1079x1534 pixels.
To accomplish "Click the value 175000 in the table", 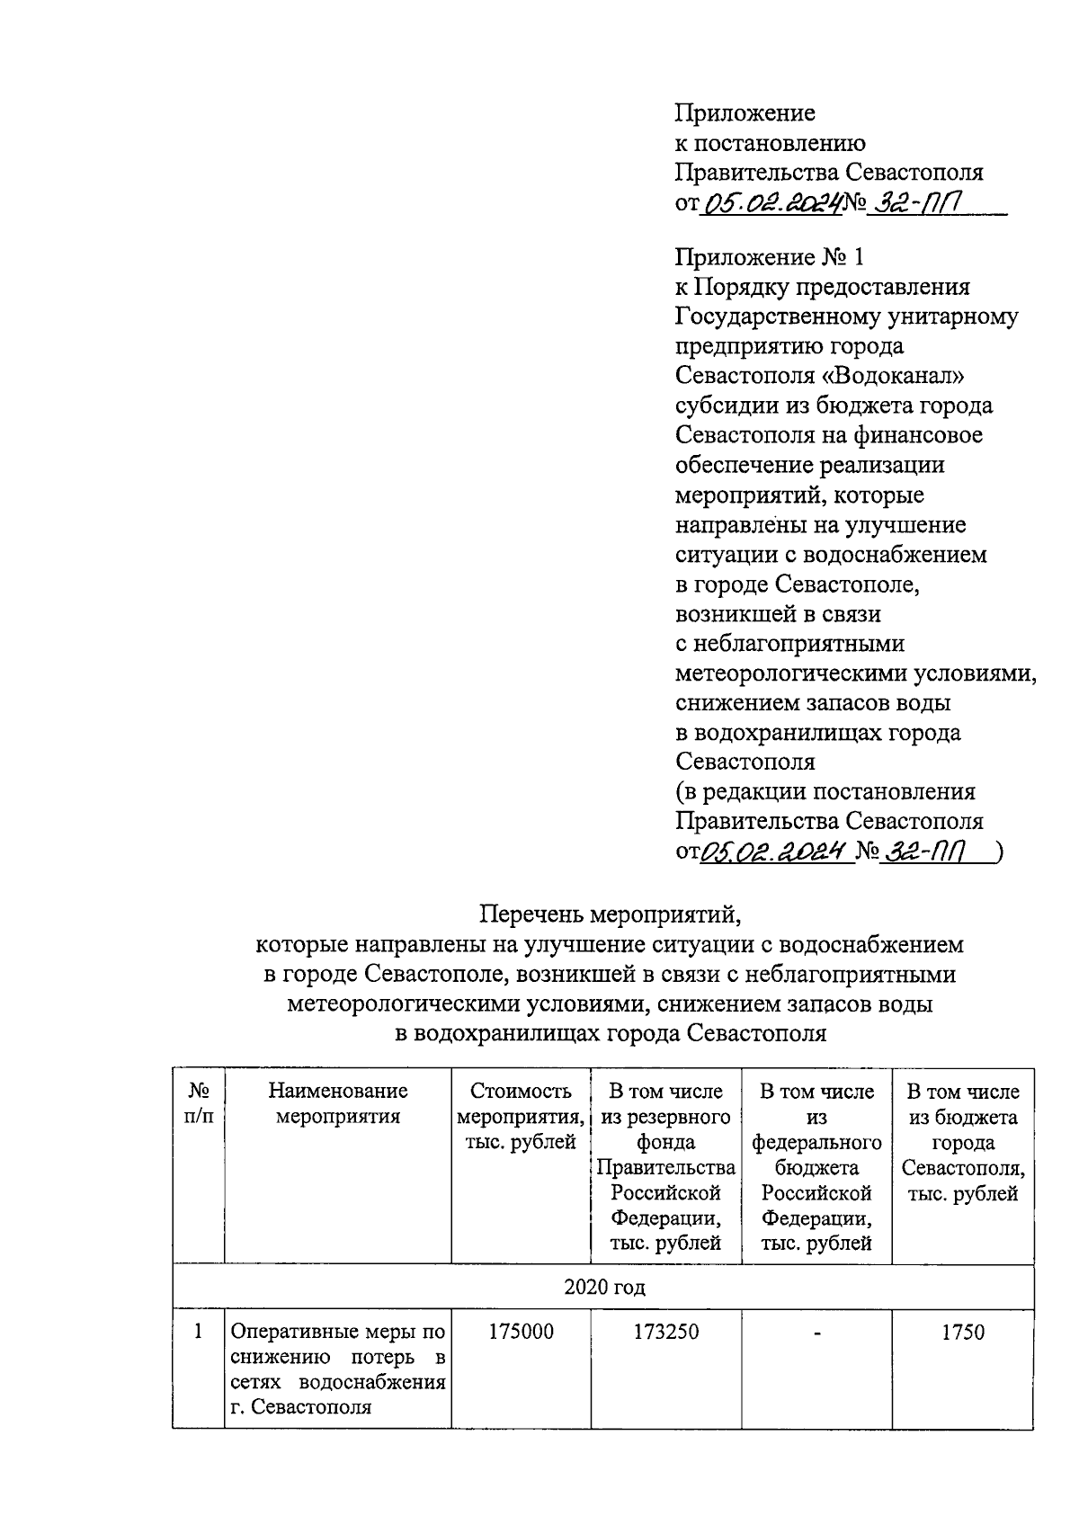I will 521,1332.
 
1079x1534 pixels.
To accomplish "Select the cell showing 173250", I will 666,1332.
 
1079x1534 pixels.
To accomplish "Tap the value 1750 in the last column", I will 963,1333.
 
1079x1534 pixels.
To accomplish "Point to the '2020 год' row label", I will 604,1287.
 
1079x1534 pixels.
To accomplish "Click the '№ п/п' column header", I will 199,1104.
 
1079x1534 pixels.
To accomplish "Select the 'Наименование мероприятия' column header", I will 338,1104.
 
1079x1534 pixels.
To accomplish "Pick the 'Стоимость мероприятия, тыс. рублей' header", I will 521,1117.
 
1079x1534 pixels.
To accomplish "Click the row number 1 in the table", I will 199,1332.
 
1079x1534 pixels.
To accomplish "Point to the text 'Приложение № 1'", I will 769,258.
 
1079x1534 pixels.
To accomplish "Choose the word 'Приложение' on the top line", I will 745,113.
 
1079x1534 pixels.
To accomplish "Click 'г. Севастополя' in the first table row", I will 300,1407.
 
